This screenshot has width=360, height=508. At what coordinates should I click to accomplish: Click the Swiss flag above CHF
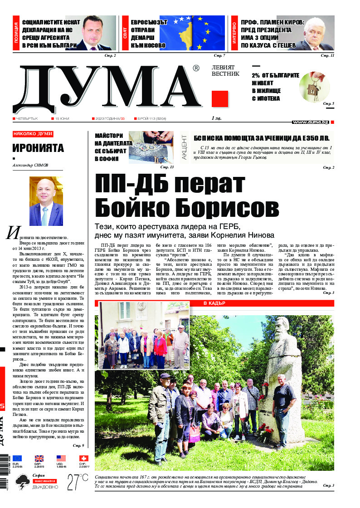83,459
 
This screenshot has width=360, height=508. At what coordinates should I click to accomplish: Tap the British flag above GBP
39,459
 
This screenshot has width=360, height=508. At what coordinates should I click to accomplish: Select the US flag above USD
61,459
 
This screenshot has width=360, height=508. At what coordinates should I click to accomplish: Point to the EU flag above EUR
17,459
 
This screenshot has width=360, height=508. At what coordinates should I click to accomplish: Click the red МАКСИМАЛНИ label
44,480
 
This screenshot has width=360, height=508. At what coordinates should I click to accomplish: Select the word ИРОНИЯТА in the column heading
38,148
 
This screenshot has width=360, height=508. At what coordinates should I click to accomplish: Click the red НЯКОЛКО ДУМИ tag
33,134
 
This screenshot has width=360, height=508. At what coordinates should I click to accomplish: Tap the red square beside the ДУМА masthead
220,98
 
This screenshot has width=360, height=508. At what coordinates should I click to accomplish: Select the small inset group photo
144,336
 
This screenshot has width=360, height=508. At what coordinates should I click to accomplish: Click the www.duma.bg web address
310,122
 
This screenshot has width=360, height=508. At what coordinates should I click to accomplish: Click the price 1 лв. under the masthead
216,119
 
